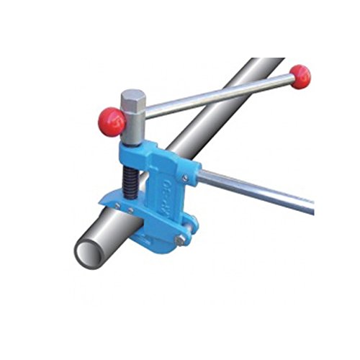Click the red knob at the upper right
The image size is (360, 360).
[x=300, y=76]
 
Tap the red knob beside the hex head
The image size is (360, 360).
[x=112, y=122]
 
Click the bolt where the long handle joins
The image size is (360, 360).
[x=185, y=177]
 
